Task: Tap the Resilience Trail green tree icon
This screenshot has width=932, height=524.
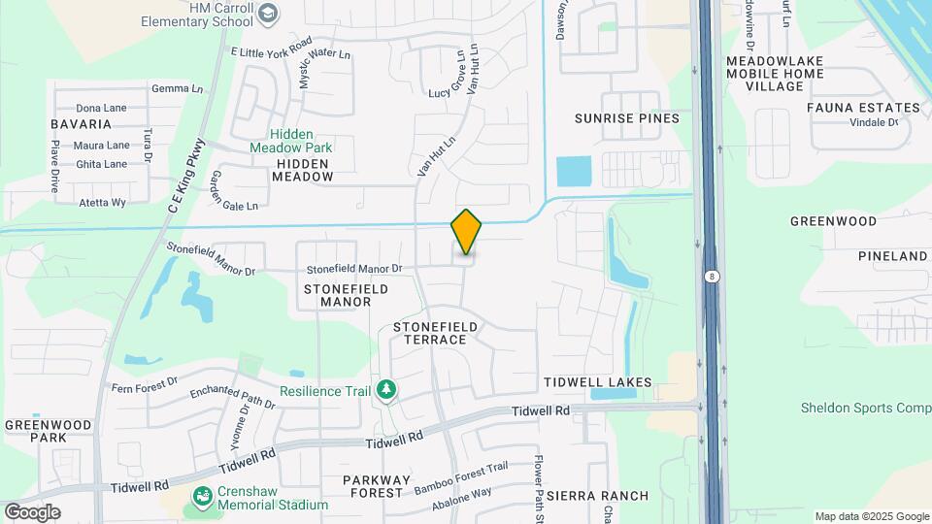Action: (x=387, y=390)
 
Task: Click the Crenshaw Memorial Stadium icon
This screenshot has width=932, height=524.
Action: (x=203, y=498)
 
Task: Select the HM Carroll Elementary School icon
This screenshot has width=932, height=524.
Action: (x=269, y=13)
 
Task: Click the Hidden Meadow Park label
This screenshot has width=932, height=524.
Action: (x=290, y=141)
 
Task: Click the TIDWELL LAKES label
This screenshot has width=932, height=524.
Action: (x=597, y=383)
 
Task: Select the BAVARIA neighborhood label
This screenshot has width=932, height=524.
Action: (x=83, y=124)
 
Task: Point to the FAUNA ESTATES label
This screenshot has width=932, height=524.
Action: (x=863, y=108)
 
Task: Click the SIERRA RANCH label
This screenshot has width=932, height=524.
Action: (x=597, y=496)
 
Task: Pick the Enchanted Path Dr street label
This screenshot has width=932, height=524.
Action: (x=233, y=397)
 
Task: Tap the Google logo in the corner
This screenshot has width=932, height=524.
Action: (x=33, y=511)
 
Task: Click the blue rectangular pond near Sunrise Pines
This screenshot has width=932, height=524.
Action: (x=573, y=172)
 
